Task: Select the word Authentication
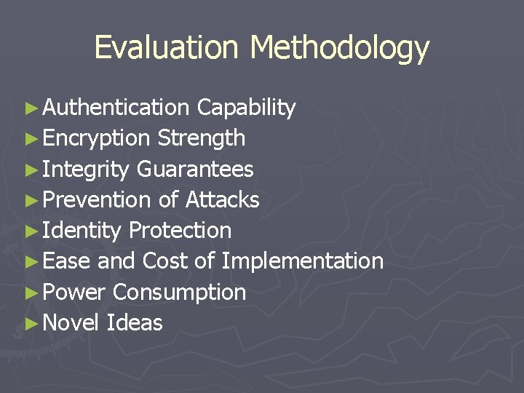[116, 108]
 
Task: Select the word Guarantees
[195, 170]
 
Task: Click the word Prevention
[97, 199]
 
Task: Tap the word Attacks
[223, 199]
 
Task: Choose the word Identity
[82, 231]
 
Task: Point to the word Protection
[180, 231]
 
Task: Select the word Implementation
[302, 261]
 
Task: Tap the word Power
[75, 293]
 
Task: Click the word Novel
[71, 323]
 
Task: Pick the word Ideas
[135, 323]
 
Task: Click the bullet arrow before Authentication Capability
[30, 108]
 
